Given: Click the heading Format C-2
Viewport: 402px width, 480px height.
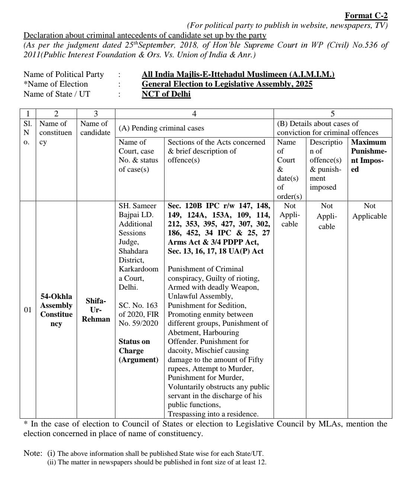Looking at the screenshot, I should tap(366, 16).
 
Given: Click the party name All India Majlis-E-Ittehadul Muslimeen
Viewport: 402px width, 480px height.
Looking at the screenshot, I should tap(238, 74).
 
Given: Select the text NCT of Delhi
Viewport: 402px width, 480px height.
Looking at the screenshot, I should tap(166, 94).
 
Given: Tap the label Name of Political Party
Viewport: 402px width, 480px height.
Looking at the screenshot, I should tap(64, 74).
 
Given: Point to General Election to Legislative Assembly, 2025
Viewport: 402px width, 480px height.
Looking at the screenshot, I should tap(227, 84).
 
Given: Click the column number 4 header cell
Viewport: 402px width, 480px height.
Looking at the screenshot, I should tap(194, 114).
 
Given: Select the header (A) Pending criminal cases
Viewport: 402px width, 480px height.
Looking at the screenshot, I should tap(161, 128).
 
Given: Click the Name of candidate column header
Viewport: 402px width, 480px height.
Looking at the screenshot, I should tap(95, 128).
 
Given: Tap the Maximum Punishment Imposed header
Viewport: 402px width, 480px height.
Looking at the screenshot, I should tap(368, 155).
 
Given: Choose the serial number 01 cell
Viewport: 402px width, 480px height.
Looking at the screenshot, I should tap(28, 310).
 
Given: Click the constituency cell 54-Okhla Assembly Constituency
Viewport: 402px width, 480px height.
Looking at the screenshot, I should tap(56, 310).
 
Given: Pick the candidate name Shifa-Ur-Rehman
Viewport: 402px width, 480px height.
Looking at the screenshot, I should tap(96, 310).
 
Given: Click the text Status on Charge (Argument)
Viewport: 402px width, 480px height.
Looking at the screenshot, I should tap(138, 351).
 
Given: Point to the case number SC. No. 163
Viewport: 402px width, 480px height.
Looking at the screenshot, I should tap(138, 305).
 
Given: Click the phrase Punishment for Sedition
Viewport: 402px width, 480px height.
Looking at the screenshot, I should tap(207, 305).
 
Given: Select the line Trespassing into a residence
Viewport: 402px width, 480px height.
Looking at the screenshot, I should tap(213, 414).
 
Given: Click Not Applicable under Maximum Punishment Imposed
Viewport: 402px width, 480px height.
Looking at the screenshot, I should tap(369, 211).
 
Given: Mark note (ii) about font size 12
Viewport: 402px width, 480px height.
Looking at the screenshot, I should tap(157, 462).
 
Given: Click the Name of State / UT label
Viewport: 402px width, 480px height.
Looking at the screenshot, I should tap(57, 94).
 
